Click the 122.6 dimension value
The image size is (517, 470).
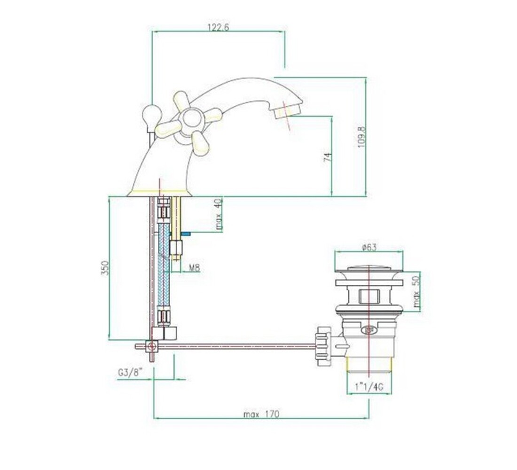(218, 27)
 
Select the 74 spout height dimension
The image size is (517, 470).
(328, 157)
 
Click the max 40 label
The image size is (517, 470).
(219, 214)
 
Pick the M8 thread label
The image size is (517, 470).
(195, 267)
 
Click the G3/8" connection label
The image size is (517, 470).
(130, 373)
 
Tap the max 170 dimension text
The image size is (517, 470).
(261, 414)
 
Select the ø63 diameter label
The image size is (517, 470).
(369, 247)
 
